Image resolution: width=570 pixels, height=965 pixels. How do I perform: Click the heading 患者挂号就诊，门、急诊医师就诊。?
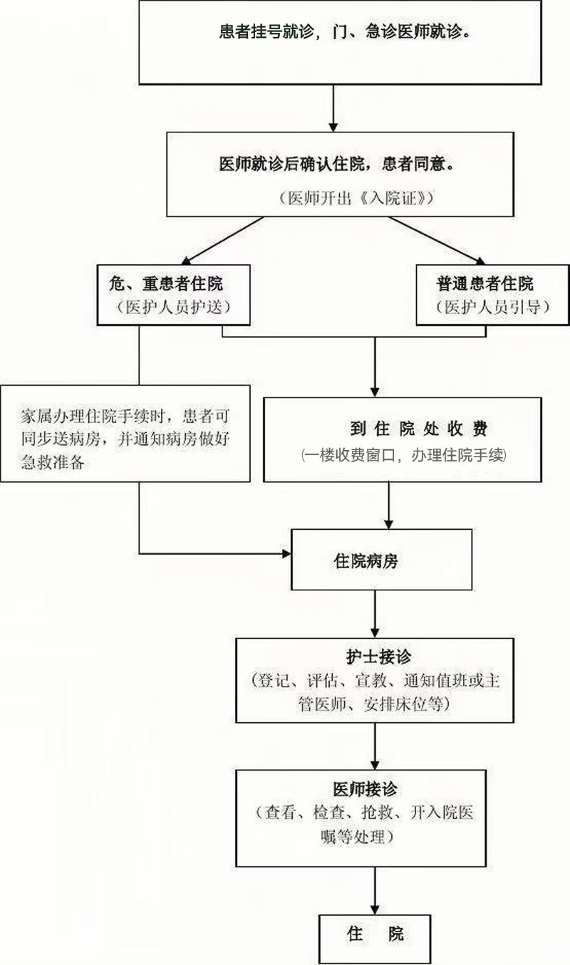click(x=344, y=32)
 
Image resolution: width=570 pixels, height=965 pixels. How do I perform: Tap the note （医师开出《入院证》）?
click(x=356, y=198)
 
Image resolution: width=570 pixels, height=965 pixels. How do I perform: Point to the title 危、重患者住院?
click(x=166, y=284)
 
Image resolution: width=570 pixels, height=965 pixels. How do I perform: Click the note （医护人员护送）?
click(x=173, y=307)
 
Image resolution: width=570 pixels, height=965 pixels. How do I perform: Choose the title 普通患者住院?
click(x=484, y=284)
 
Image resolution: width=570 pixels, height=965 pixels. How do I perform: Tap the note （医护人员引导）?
click(x=492, y=307)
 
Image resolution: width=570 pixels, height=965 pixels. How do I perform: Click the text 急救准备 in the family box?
click(x=53, y=462)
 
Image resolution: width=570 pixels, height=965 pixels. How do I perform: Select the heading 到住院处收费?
click(x=419, y=429)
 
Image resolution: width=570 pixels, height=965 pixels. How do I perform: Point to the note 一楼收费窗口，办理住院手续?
click(x=404, y=455)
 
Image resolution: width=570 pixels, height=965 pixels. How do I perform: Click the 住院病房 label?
click(x=366, y=561)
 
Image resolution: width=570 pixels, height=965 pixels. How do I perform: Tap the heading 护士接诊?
click(x=379, y=657)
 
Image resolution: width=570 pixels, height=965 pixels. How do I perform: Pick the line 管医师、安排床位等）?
click(x=374, y=704)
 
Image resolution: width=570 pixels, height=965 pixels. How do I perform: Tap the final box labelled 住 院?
click(x=375, y=939)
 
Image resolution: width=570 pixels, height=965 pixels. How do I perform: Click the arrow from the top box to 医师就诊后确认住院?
click(x=333, y=108)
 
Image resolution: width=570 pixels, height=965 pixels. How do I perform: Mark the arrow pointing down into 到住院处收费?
click(x=375, y=367)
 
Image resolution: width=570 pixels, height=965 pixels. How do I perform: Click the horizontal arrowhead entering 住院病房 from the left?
click(x=286, y=553)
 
